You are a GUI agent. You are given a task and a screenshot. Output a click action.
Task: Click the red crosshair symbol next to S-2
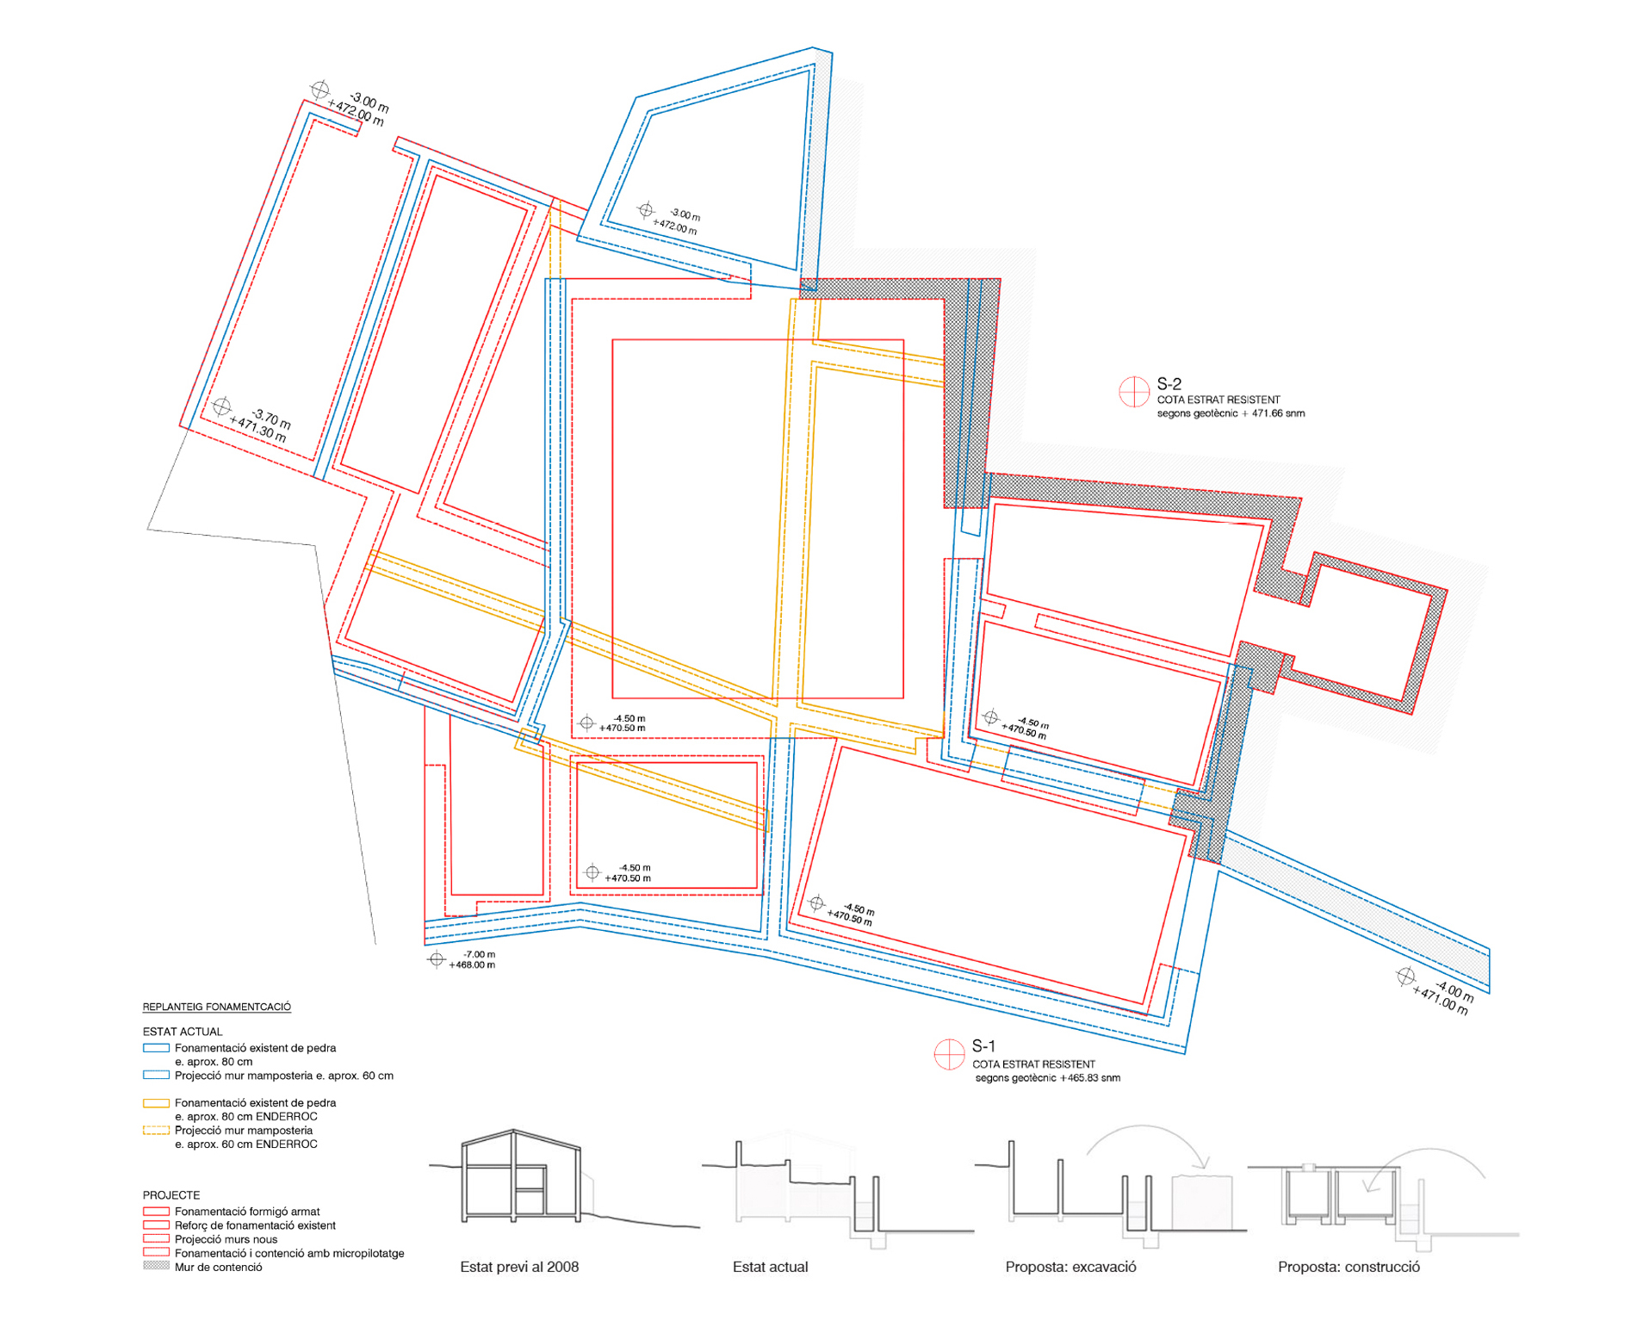1134,392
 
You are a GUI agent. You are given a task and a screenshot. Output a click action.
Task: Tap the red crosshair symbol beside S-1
949,1054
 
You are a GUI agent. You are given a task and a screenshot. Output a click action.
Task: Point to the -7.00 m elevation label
480,954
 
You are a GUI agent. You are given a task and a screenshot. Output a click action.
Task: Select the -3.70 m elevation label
271,419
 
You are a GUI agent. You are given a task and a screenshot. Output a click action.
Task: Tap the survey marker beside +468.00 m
437,959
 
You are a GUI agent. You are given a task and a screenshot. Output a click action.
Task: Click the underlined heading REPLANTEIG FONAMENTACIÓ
217,1007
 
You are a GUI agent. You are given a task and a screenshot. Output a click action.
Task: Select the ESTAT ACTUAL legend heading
183,1032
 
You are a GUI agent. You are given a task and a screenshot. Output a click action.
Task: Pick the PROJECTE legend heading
171,1195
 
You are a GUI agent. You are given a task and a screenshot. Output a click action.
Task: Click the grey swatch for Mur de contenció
156,1266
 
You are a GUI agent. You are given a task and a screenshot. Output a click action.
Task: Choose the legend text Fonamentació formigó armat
247,1212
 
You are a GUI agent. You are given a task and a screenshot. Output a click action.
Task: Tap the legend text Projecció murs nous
226,1239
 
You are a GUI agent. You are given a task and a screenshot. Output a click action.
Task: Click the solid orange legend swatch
156,1103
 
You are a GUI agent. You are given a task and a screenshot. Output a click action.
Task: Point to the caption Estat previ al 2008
519,1267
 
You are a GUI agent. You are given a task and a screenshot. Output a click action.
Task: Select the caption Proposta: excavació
1070,1267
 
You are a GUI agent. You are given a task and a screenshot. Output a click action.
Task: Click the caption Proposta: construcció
1349,1267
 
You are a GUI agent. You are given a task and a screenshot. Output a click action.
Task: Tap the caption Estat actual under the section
770,1267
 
